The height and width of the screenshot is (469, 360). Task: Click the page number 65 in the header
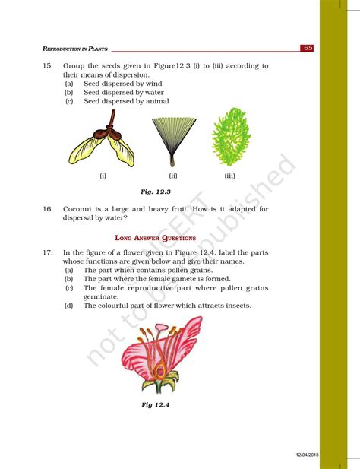308,48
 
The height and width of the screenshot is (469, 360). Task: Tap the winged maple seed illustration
103,142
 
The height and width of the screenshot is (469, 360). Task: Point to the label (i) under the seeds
103,176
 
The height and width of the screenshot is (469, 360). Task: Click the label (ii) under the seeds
173,176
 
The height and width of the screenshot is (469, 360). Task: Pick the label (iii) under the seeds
230,176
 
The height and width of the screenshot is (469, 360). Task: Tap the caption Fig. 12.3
156,192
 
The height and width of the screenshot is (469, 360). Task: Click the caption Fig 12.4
155,404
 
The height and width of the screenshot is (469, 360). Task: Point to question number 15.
48,66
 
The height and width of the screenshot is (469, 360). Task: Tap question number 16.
48,208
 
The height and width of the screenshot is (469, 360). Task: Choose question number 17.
48,253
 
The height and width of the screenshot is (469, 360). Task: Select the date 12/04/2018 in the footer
310,454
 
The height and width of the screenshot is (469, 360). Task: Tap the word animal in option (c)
157,101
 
